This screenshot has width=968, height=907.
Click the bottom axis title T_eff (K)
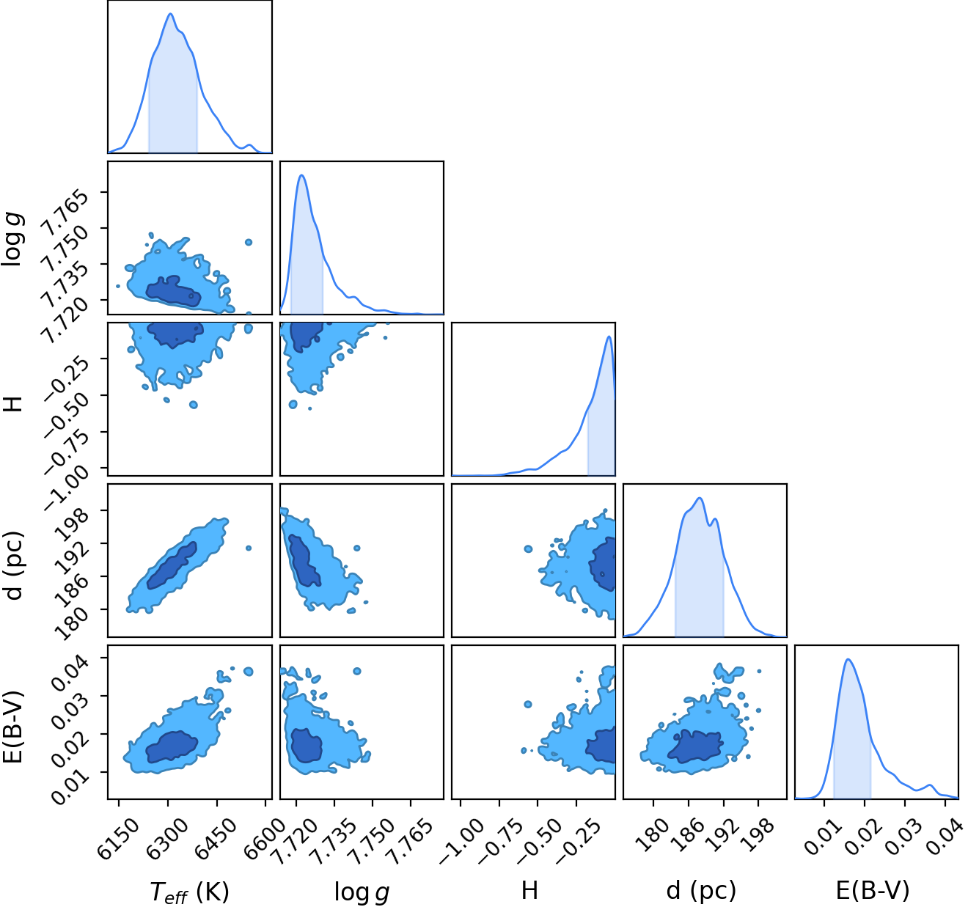189,891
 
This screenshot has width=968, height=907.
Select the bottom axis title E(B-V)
873,890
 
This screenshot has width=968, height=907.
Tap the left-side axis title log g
13,238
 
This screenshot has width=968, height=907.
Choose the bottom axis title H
529,890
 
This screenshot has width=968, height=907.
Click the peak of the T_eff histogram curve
171,13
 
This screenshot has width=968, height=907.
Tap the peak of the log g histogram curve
301,175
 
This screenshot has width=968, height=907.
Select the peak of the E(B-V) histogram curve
848,659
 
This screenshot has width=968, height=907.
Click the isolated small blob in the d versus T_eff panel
249,548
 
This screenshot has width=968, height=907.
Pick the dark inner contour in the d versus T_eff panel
172,566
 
